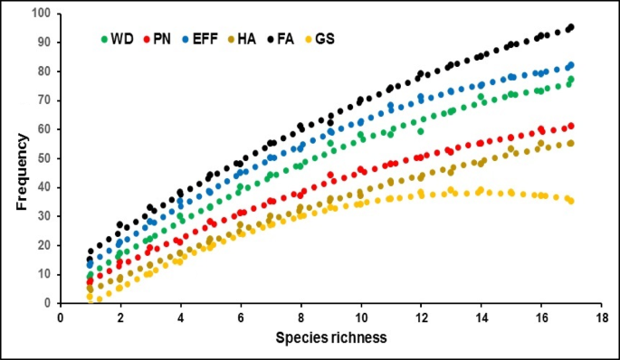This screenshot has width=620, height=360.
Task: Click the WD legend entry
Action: click(118, 40)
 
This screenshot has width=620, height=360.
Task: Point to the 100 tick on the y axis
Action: click(39, 14)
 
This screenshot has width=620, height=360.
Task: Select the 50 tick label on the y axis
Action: click(42, 158)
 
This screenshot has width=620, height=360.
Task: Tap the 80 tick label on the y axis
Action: click(42, 71)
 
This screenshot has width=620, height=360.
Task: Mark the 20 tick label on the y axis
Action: click(42, 245)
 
